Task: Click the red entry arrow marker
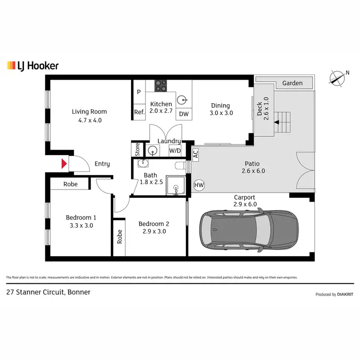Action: [63, 164]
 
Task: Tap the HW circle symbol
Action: [198, 185]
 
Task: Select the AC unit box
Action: [195, 154]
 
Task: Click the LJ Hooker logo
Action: [33, 66]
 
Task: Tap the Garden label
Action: [292, 83]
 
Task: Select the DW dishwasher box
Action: [184, 114]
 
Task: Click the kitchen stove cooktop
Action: [160, 86]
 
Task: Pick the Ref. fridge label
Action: [139, 112]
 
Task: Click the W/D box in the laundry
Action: [175, 151]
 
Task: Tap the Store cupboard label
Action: [137, 149]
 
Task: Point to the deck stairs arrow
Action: [276, 122]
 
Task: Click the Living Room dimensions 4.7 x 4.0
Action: [90, 120]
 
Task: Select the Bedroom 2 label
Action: [154, 224]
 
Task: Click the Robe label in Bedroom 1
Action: [71, 184]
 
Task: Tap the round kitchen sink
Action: [182, 100]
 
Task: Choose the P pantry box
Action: [139, 92]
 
